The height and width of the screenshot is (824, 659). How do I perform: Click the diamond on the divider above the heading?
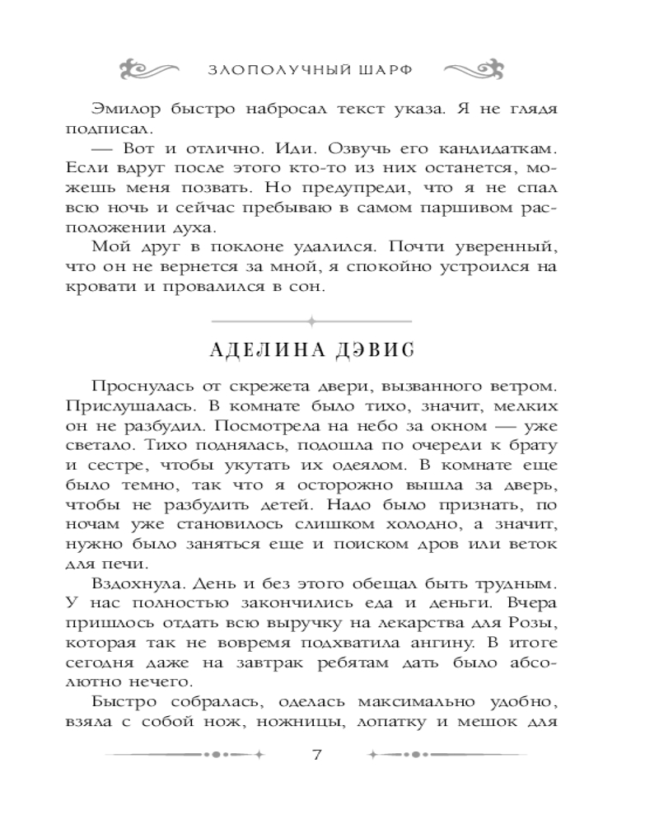click(311, 320)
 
